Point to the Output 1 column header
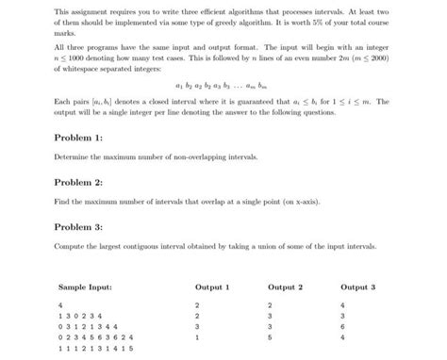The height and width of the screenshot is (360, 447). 212,286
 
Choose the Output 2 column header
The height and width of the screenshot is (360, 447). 285,286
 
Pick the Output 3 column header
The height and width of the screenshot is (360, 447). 357,286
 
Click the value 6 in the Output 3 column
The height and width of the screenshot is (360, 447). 343,326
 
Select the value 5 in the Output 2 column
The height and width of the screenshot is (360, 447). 271,336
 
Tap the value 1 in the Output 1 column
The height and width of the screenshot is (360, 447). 197,336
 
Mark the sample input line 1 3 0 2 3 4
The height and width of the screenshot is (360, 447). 79,316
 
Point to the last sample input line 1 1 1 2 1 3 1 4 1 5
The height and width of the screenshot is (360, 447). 97,348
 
